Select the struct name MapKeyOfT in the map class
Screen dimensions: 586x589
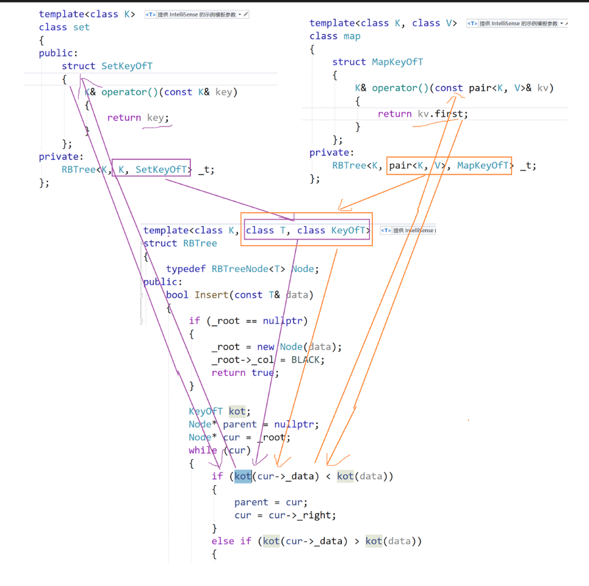[397, 62]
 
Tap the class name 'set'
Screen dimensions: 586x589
[81, 27]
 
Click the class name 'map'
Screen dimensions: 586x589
[352, 36]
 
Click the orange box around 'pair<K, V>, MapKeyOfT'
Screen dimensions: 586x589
[449, 165]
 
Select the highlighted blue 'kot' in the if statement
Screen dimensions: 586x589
[243, 476]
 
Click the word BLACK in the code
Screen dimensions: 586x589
[308, 359]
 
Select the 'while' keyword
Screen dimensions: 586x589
[203, 450]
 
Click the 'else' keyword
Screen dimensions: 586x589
[223, 541]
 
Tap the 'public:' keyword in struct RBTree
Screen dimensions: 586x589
[162, 282]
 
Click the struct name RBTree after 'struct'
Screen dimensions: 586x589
[200, 243]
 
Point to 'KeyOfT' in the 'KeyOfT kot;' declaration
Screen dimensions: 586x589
[206, 411]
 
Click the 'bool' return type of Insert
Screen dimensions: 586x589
[177, 295]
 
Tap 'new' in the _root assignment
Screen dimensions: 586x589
[266, 346]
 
